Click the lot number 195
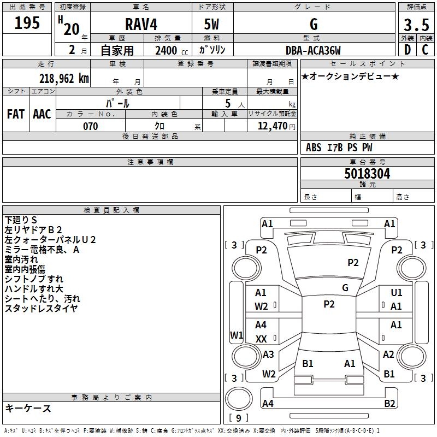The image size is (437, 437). click(x=27, y=23)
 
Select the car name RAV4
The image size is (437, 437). click(x=140, y=25)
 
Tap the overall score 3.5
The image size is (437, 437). click(x=416, y=25)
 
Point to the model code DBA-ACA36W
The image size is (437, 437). click(x=313, y=51)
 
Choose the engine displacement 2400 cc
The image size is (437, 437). click(x=167, y=51)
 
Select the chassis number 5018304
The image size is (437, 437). click(x=367, y=174)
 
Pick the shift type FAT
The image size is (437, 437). click(x=15, y=114)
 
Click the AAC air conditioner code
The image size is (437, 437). click(x=42, y=114)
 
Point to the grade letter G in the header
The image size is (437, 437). click(x=313, y=25)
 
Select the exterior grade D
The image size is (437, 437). click(x=407, y=50)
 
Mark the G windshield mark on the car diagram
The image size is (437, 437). click(x=345, y=288)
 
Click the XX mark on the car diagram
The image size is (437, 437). click(x=261, y=339)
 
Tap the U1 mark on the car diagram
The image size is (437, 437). click(x=397, y=293)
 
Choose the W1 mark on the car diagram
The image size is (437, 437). click(x=237, y=335)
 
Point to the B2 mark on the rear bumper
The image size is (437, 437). click(x=389, y=404)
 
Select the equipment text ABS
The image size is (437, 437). click(x=314, y=147)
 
